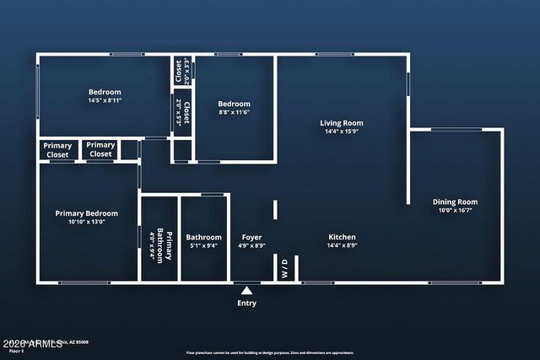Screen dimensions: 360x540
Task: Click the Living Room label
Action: pos(341,123)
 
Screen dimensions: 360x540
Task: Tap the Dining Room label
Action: pos(455,201)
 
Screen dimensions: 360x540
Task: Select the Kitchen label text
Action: pos(342,237)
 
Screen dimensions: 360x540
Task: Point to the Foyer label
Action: pos(252,237)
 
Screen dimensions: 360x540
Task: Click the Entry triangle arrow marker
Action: pos(247,290)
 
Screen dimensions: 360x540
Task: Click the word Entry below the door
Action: pos(247,304)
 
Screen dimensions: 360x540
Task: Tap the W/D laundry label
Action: pos(284,269)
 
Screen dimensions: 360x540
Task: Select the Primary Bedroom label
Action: pos(87,213)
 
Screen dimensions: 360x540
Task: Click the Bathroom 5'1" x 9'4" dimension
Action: pos(203,246)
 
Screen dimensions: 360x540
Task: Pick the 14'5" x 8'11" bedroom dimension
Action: pos(105,101)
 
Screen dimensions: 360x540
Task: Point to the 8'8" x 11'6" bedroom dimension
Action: pos(234,111)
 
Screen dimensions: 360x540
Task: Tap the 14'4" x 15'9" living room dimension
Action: pos(341,132)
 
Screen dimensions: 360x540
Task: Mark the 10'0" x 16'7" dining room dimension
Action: pos(455,211)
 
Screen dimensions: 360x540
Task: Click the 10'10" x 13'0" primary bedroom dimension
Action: pos(87,223)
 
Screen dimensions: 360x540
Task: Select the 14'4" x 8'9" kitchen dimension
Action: pos(342,246)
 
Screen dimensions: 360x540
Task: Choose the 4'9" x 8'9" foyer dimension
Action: pos(252,246)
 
